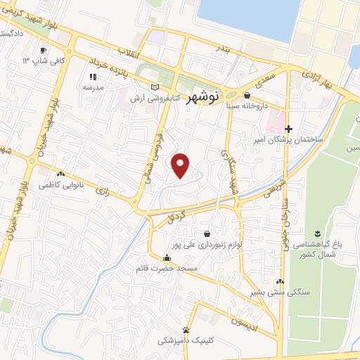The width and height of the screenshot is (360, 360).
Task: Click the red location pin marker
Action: click(181, 165)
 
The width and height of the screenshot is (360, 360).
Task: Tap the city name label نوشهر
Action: click(205, 98)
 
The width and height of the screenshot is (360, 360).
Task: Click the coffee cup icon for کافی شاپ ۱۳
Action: click(43, 51)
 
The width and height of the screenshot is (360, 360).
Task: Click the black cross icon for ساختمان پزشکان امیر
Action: click(288, 129)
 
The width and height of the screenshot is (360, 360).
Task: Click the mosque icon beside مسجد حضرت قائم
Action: click(166, 257)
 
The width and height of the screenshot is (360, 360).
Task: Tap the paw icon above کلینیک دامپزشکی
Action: click(186, 329)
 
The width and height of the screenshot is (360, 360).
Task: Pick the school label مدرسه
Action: click(94, 88)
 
